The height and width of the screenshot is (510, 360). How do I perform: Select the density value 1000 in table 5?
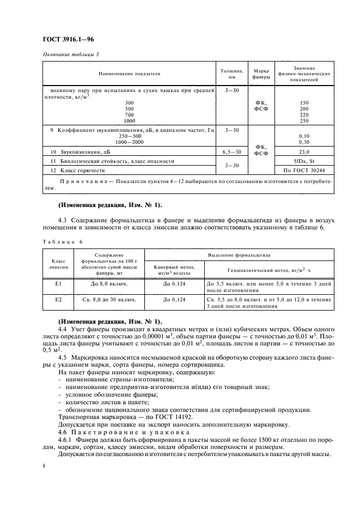click(130, 120)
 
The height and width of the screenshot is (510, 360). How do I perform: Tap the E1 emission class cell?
click(58, 284)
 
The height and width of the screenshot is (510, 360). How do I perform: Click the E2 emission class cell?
click(58, 300)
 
